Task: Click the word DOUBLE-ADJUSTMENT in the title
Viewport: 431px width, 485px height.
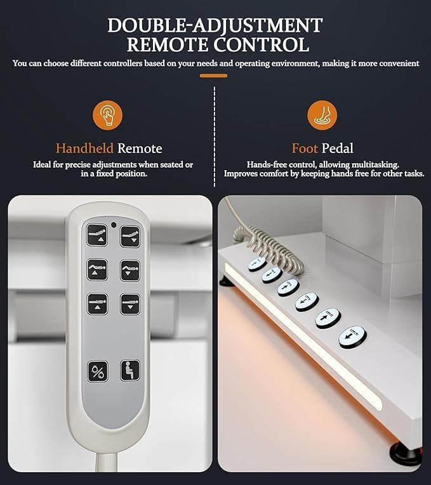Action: click(x=215, y=25)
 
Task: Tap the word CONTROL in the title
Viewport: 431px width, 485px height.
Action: click(x=262, y=44)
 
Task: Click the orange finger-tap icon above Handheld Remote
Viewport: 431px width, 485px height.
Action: click(x=108, y=115)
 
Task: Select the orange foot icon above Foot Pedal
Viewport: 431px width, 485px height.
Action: click(x=322, y=115)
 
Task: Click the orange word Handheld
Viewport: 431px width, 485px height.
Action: click(x=84, y=149)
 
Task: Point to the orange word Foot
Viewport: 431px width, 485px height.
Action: click(x=305, y=149)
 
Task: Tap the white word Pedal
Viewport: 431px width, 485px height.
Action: click(x=337, y=149)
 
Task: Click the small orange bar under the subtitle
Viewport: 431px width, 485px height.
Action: click(x=214, y=76)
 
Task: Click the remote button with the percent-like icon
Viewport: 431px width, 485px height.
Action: click(x=98, y=371)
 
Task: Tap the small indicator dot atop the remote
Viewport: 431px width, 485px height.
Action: click(x=114, y=225)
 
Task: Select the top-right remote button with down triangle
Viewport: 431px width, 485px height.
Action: click(x=130, y=237)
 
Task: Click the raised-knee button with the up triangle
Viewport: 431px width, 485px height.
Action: click(x=97, y=270)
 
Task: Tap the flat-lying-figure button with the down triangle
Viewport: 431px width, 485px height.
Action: click(x=130, y=304)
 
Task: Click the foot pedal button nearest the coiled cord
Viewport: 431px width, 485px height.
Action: click(x=257, y=263)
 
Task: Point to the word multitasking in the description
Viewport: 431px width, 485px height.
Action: click(x=375, y=164)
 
